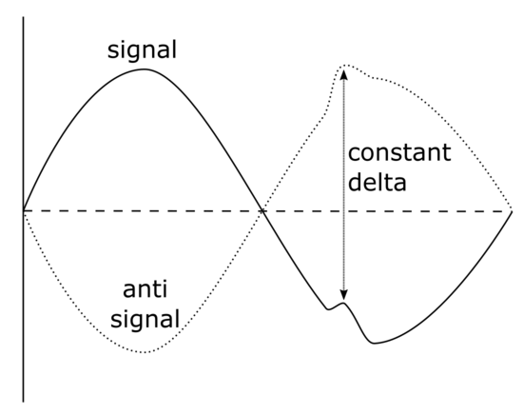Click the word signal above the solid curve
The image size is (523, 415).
coord(142,50)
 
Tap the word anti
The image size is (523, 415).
coord(145,289)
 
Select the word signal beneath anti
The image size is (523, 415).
coord(145,319)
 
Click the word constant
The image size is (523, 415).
coord(399,152)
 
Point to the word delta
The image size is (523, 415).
coord(378,182)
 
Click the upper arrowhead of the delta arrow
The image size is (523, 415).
coord(344,74)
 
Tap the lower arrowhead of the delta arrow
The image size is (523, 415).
coord(344,294)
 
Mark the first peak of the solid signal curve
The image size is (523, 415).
coord(145,69)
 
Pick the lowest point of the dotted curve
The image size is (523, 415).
coord(145,352)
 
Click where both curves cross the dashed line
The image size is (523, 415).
coord(262,211)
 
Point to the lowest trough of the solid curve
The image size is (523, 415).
coord(375,343)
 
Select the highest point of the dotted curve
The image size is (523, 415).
coord(344,65)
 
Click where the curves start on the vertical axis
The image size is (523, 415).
coord(24,211)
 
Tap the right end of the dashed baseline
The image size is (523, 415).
coord(512,211)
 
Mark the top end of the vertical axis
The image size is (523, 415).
coord(24,17)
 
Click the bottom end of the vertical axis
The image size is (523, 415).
coord(24,402)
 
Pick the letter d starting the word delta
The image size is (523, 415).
coord(355,182)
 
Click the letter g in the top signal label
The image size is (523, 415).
coord(131,53)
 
